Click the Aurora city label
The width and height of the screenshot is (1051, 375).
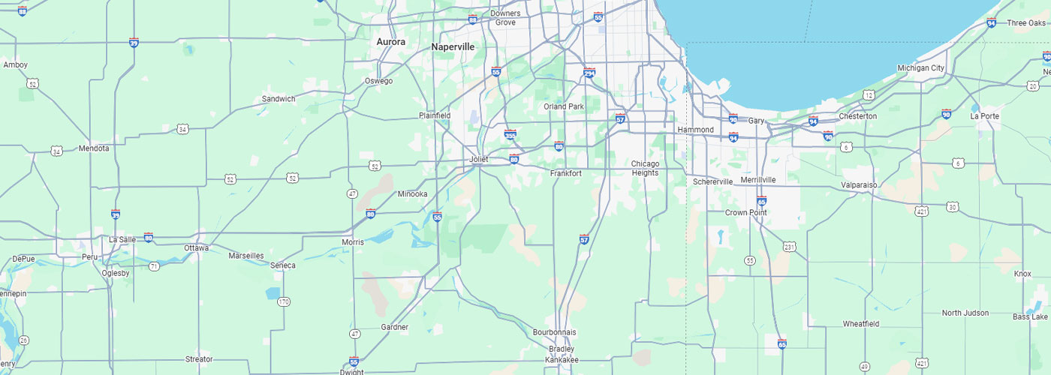pyautogui.click(x=390, y=42)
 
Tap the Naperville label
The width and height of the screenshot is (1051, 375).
pyautogui.click(x=453, y=46)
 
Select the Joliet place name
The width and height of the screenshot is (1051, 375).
pyautogui.click(x=478, y=160)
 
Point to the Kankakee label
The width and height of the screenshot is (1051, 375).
pyautogui.click(x=562, y=360)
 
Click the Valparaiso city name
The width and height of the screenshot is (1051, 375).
pyautogui.click(x=859, y=184)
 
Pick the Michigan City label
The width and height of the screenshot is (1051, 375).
pyautogui.click(x=921, y=68)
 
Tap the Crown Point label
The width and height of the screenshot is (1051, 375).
pyautogui.click(x=746, y=212)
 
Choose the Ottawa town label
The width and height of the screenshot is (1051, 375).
pyautogui.click(x=197, y=247)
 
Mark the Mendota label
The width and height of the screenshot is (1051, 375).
pyautogui.click(x=94, y=148)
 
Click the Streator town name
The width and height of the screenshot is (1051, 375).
pyautogui.click(x=199, y=359)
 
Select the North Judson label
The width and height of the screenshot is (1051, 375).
pyautogui.click(x=965, y=313)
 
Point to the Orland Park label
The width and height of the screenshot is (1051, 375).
pyautogui.click(x=564, y=106)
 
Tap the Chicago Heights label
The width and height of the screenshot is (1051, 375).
pyautogui.click(x=645, y=168)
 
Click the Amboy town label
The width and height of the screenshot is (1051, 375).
pyautogui.click(x=16, y=64)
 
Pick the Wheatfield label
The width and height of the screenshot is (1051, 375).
pyautogui.click(x=861, y=324)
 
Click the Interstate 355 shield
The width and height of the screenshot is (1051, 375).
pyautogui.click(x=510, y=134)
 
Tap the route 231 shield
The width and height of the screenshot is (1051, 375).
pyautogui.click(x=789, y=247)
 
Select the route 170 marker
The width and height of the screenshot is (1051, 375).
pyautogui.click(x=283, y=301)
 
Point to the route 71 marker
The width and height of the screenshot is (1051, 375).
pyautogui.click(x=154, y=266)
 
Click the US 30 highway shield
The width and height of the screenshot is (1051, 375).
pyautogui.click(x=952, y=206)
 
